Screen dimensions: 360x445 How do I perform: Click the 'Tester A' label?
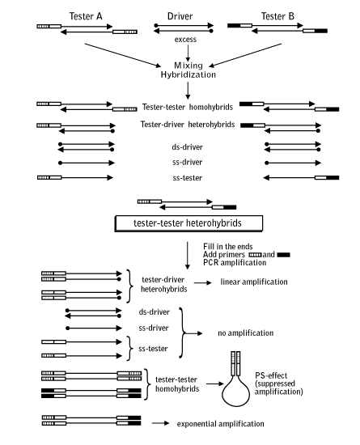click(86, 16)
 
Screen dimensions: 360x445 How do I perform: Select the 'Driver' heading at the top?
click(180, 16)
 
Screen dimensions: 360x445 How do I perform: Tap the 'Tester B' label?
click(277, 16)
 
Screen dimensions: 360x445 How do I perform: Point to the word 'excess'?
click(185, 39)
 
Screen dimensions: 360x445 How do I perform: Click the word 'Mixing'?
click(188, 66)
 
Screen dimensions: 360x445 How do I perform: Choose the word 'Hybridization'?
click(188, 74)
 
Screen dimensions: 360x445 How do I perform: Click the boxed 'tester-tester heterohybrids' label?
click(188, 223)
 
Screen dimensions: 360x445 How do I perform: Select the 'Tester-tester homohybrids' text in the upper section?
click(188, 107)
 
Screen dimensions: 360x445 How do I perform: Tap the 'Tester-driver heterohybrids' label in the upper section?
click(188, 125)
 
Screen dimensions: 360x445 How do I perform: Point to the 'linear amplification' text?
click(254, 282)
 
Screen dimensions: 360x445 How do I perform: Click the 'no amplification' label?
click(246, 333)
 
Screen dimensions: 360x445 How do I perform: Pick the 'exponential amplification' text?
click(220, 424)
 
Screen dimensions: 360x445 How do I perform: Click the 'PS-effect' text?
click(271, 375)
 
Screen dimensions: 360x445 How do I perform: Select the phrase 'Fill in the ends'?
click(228, 246)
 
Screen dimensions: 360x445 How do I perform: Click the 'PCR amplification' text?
click(235, 262)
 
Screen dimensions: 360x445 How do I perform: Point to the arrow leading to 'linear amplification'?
click(203, 282)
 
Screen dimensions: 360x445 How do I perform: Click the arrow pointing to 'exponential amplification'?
click(160, 423)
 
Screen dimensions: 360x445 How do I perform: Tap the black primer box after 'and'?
click(283, 255)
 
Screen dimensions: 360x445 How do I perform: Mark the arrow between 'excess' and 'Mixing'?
click(188, 53)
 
